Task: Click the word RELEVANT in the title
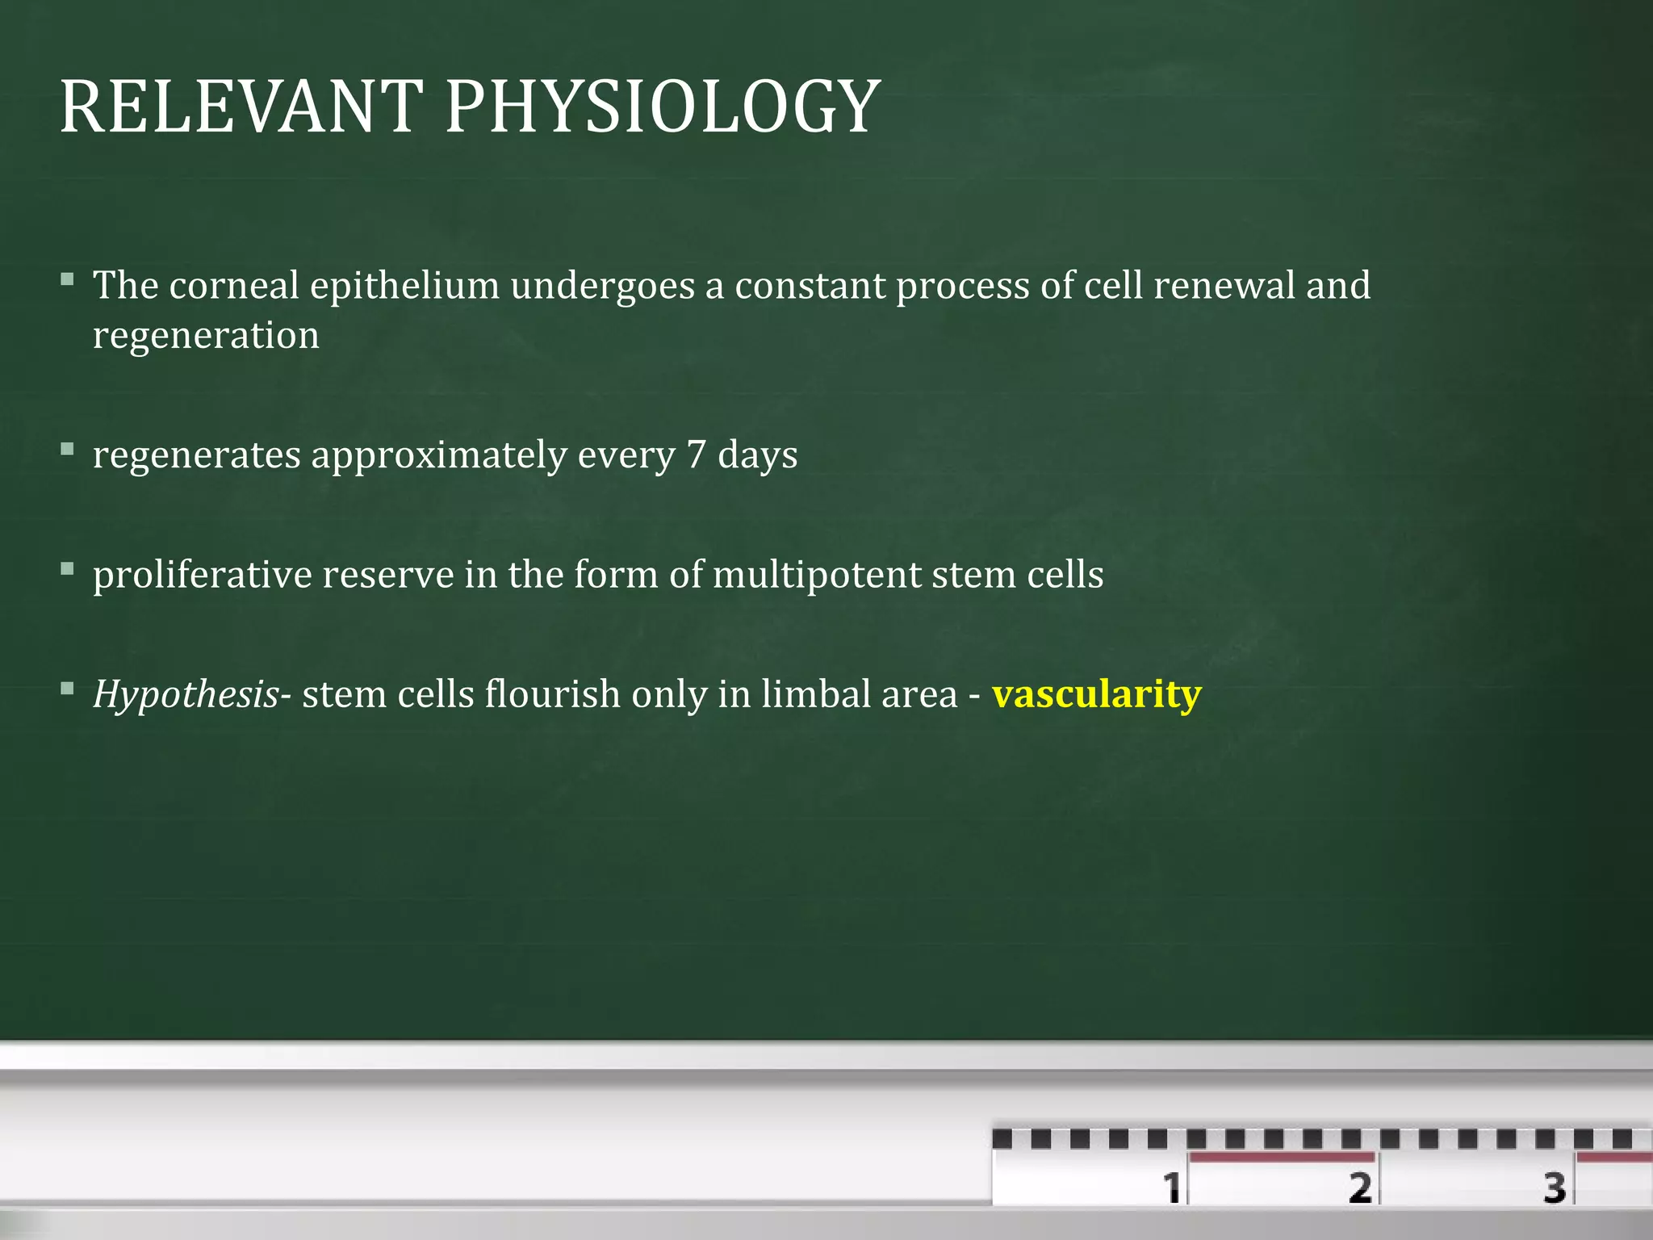[x=241, y=107]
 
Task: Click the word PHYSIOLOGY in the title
[x=662, y=107]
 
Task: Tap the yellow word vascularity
[x=1096, y=694]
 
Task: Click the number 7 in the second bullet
[x=696, y=455]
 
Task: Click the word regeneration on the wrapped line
[x=206, y=336]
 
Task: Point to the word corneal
[x=234, y=287]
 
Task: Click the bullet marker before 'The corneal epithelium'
[x=67, y=280]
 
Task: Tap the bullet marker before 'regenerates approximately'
[x=67, y=449]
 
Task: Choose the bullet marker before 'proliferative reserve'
[x=67, y=568]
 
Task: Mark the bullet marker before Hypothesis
[x=67, y=689]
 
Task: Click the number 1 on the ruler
[x=1171, y=1188]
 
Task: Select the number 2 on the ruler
[x=1360, y=1188]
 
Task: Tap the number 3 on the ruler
[x=1555, y=1188]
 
